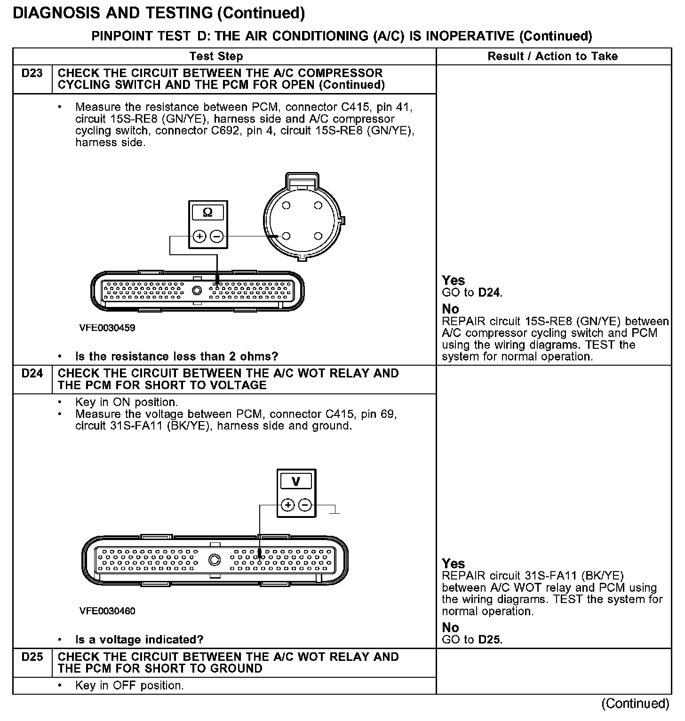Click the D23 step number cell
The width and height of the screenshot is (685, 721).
click(32, 73)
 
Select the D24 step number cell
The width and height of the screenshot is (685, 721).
click(32, 374)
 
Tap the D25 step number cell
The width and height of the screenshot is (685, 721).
click(32, 657)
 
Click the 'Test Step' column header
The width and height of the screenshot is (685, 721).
click(216, 56)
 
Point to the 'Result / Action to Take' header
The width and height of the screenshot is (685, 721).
click(553, 56)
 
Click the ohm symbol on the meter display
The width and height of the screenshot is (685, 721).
click(207, 212)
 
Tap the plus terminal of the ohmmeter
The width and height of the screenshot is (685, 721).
click(199, 236)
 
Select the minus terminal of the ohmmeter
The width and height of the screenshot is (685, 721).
click(216, 236)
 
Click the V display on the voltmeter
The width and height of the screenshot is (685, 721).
click(296, 481)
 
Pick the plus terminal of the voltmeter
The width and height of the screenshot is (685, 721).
click(287, 505)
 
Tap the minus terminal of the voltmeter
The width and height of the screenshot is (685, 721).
click(305, 505)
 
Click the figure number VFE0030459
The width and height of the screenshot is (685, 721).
click(107, 328)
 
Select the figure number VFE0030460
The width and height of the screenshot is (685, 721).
click(107, 611)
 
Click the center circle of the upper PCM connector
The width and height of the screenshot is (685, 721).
click(197, 291)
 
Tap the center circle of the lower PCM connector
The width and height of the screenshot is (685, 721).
click(214, 559)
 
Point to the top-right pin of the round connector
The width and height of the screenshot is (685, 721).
click(318, 205)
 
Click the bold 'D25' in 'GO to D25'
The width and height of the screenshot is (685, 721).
click(490, 640)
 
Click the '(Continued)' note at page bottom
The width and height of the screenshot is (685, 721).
click(635, 703)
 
